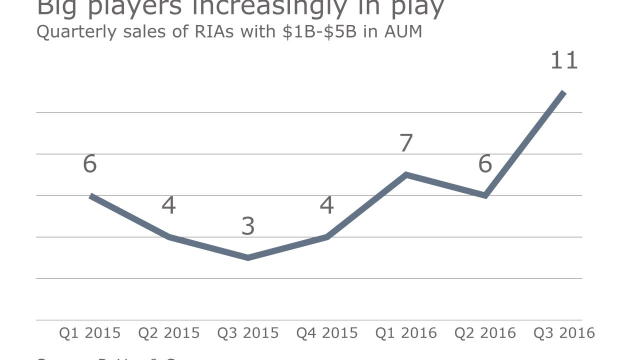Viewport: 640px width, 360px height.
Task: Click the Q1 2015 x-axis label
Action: (x=90, y=333)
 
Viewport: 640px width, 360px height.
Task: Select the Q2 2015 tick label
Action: (x=169, y=333)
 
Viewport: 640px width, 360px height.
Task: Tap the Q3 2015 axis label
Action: (x=248, y=333)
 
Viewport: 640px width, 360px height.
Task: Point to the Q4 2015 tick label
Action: (x=327, y=333)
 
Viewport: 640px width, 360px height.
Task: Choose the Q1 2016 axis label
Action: (x=406, y=333)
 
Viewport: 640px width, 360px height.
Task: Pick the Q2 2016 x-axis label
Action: (x=485, y=333)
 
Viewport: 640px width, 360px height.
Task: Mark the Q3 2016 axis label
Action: (x=564, y=333)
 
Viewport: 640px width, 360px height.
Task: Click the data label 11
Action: (x=564, y=61)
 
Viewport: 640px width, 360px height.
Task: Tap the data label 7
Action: (x=406, y=143)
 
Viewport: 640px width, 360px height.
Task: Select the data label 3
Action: (x=248, y=226)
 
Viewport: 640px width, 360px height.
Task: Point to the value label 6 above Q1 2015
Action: (x=90, y=164)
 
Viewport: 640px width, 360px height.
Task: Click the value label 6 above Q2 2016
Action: (x=485, y=164)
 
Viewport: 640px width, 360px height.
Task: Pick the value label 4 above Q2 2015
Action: (x=169, y=205)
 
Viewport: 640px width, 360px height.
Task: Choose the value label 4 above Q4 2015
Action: (x=327, y=205)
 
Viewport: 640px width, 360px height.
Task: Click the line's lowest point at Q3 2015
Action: (x=248, y=257)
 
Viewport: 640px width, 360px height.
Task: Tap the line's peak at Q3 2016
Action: (x=563, y=93)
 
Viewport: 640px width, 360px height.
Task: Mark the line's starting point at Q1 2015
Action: (x=91, y=196)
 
